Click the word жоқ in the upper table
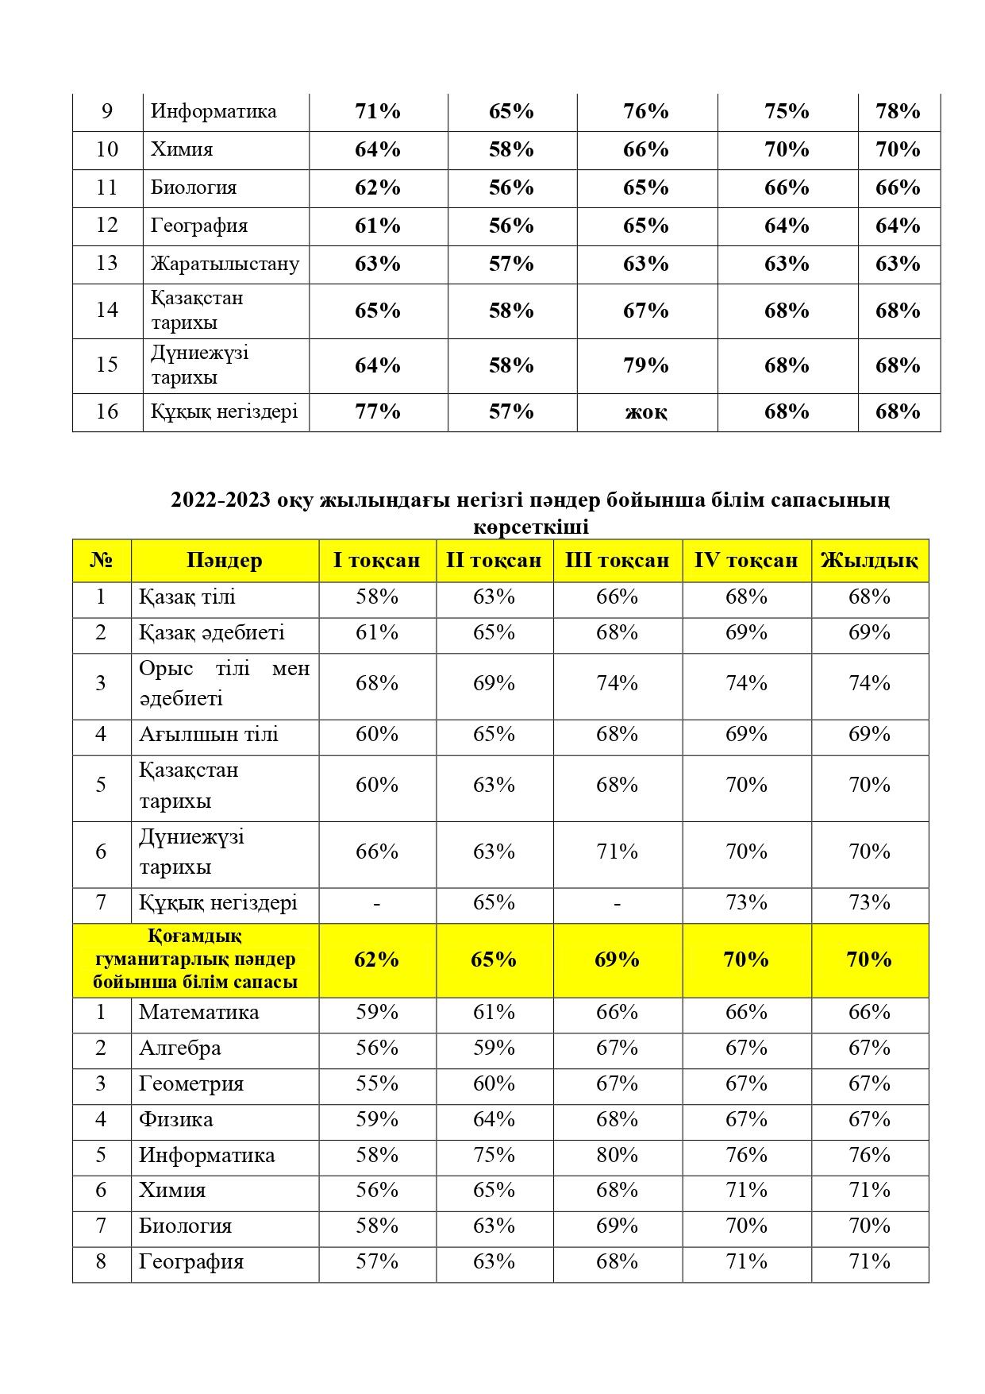[x=646, y=412]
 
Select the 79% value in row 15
[x=646, y=365]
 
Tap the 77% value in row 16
[x=378, y=411]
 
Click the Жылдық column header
[x=869, y=560]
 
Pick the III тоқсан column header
[x=617, y=560]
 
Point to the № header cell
[x=101, y=560]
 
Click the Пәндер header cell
[x=225, y=560]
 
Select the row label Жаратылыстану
[x=225, y=264]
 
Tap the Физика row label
[x=175, y=1119]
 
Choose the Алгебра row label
[x=179, y=1048]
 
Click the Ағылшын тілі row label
[x=208, y=734]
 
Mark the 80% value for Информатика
[x=617, y=1155]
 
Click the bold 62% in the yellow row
[x=376, y=960]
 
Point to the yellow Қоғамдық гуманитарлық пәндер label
[x=195, y=960]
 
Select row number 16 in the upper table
[x=107, y=411]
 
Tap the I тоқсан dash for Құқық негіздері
[x=376, y=903]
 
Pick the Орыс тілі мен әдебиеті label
[x=224, y=684]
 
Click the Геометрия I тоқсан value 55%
[x=376, y=1083]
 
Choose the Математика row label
[x=198, y=1012]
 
